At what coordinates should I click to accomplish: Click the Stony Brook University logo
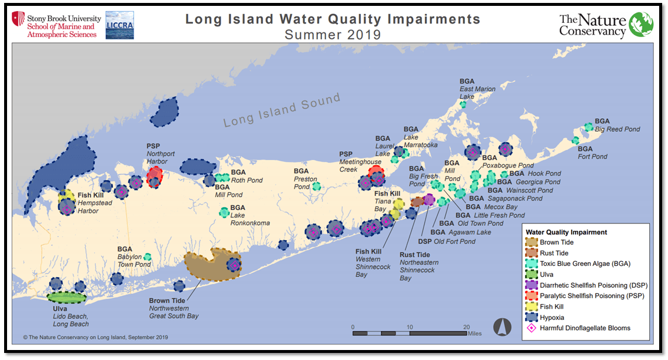[54, 25]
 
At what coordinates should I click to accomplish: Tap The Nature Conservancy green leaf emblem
[640, 25]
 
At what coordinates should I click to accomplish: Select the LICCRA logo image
[119, 25]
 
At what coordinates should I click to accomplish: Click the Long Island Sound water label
[282, 110]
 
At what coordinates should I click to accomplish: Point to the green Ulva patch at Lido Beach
[67, 297]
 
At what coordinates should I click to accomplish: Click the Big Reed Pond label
[616, 129]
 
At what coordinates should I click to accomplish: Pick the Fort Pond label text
[592, 156]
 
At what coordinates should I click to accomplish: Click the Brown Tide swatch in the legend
[531, 242]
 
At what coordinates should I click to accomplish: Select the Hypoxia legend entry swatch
[531, 318]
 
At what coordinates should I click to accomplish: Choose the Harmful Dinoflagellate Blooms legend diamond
[531, 328]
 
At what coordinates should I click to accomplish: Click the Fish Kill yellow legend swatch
[531, 306]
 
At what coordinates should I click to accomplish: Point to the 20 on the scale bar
[466, 327]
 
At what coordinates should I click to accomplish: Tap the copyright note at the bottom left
[96, 337]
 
